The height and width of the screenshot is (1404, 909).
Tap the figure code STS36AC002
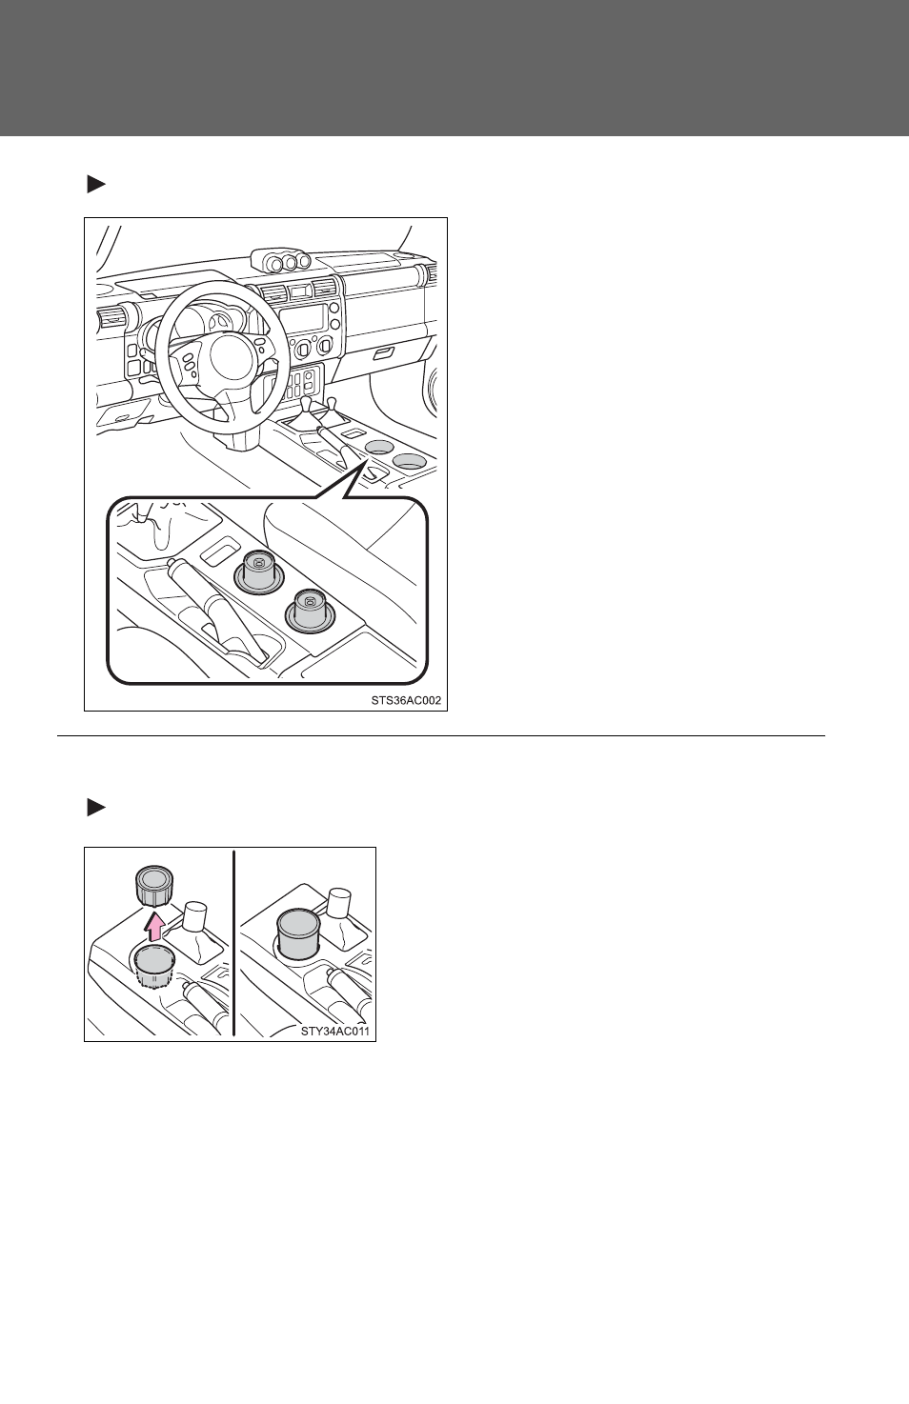[x=406, y=700]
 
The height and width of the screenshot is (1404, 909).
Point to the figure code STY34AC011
[x=334, y=1031]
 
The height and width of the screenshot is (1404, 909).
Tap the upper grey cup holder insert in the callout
[x=257, y=572]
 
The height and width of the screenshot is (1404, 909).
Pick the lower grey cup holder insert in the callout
[x=309, y=611]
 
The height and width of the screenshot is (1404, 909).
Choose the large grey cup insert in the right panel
[x=298, y=934]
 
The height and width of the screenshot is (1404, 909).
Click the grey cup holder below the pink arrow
[x=153, y=969]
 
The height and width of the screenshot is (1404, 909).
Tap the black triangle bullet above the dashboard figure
[x=96, y=184]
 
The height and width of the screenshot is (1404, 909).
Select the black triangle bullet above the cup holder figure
[x=96, y=808]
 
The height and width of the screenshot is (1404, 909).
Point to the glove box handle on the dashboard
[x=383, y=354]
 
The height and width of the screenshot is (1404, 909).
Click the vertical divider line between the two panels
[x=233, y=943]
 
